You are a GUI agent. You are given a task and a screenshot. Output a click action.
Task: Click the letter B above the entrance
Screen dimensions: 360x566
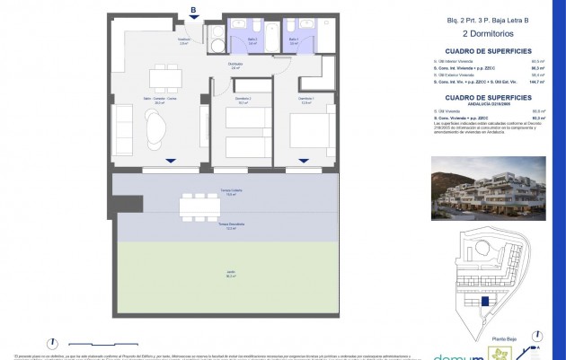point(192,10)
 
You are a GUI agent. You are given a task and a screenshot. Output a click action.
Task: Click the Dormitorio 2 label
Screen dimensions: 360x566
point(242,100)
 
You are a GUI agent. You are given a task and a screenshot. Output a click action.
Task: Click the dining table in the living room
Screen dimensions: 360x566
point(163,75)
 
